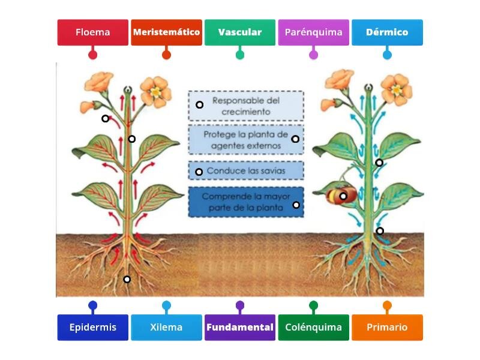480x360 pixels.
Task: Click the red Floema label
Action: (x=93, y=32)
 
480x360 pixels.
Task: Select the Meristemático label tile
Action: (x=167, y=32)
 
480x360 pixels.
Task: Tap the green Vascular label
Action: (x=240, y=32)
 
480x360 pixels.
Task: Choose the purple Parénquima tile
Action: (x=313, y=32)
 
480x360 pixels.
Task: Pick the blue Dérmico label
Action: (x=387, y=32)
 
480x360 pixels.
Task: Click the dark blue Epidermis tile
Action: (x=93, y=327)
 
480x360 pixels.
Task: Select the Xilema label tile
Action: (x=167, y=327)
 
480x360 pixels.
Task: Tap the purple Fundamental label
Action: (x=240, y=327)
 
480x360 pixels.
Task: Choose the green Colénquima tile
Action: (x=313, y=327)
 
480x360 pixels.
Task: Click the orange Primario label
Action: (x=387, y=327)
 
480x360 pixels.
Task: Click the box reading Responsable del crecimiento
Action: (x=246, y=106)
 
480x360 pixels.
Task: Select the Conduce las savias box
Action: (x=246, y=170)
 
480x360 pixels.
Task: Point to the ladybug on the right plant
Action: (x=341, y=196)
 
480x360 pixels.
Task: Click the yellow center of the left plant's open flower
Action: (x=156, y=92)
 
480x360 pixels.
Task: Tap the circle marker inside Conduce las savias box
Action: (x=199, y=172)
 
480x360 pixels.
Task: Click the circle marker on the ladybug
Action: (x=343, y=196)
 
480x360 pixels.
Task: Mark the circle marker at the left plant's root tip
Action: (x=127, y=279)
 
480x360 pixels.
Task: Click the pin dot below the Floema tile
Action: (x=93, y=55)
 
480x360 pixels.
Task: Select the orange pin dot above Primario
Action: (x=387, y=305)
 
